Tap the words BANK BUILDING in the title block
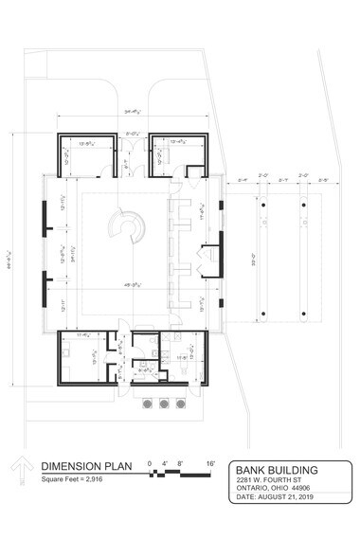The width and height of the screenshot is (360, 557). point(277,470)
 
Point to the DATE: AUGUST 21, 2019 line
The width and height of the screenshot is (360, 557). point(273,497)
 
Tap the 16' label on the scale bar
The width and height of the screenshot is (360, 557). point(210,463)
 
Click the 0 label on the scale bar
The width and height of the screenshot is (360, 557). point(150,463)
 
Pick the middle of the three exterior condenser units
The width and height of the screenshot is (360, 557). point(164,404)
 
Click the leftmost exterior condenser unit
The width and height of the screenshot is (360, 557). point(149,404)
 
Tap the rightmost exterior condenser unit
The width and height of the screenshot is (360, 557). point(179,404)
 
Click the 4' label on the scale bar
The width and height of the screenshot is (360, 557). point(166,463)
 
